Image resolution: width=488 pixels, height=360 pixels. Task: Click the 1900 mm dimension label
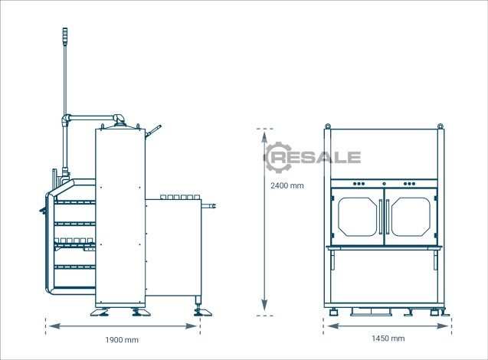pyautogui.click(x=122, y=340)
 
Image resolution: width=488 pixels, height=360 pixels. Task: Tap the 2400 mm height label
pyautogui.click(x=287, y=186)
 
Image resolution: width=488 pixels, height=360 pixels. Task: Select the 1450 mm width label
pyautogui.click(x=388, y=339)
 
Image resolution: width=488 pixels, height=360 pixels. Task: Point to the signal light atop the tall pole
pyautogui.click(x=65, y=37)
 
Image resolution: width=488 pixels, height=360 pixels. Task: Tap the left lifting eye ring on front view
pyautogui.click(x=328, y=126)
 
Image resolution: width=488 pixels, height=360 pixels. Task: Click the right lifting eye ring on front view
pyautogui.click(x=440, y=126)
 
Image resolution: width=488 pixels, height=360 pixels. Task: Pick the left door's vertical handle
pyautogui.click(x=381, y=217)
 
